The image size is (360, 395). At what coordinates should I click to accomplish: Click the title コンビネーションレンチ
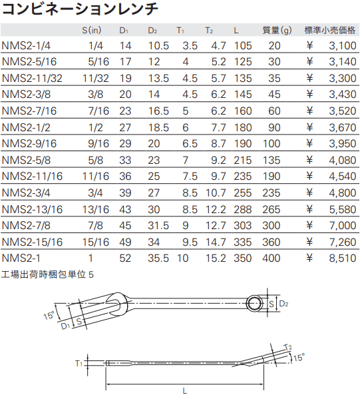click(80, 9)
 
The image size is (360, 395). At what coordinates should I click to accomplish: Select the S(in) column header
click(92, 30)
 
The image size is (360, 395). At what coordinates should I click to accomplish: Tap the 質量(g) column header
click(277, 30)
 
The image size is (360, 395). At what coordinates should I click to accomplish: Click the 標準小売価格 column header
click(330, 30)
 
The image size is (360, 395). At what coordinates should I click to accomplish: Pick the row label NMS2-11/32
click(32, 78)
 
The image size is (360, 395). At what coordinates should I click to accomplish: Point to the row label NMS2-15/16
click(32, 242)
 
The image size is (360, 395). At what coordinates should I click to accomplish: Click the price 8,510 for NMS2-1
click(343, 258)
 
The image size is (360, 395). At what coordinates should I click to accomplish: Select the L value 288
click(243, 209)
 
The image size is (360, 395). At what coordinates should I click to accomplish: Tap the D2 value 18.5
click(158, 127)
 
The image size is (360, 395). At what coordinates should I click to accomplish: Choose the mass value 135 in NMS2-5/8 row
click(271, 161)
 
